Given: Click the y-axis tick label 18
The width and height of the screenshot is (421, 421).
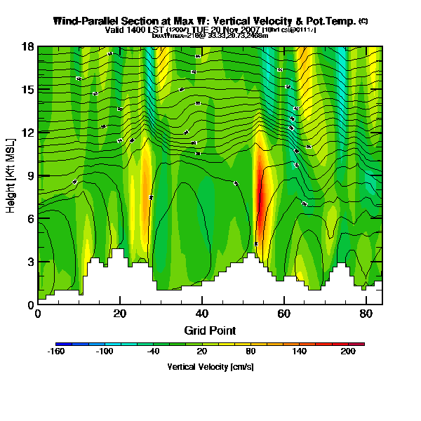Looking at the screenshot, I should click(x=28, y=46).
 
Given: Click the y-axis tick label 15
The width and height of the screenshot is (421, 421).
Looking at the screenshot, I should click(x=28, y=89).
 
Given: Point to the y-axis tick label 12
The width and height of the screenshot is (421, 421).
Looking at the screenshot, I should click(x=28, y=133).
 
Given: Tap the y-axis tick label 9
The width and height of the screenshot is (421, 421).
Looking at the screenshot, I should click(x=30, y=175).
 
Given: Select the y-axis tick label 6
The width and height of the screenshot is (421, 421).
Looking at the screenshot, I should click(x=30, y=218).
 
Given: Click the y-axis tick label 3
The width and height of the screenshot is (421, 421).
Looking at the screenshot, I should click(x=30, y=262).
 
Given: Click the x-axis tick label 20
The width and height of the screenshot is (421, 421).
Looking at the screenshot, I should click(x=120, y=314).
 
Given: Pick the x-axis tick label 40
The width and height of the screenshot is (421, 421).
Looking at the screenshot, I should click(x=202, y=314).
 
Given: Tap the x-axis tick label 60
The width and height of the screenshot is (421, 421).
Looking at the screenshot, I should click(x=284, y=314).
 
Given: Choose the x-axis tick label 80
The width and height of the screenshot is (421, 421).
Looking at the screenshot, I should click(x=366, y=314).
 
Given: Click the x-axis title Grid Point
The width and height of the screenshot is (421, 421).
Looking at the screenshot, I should click(x=209, y=330).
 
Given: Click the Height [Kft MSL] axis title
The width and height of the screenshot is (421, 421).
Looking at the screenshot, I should click(x=11, y=175).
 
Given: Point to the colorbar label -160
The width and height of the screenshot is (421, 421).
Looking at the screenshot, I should click(x=55, y=352).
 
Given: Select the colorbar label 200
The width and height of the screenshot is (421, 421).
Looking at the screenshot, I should click(x=348, y=352).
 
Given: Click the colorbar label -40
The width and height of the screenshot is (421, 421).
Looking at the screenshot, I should click(x=152, y=352).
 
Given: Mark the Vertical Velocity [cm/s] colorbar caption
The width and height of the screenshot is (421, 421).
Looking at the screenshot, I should click(x=210, y=367).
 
